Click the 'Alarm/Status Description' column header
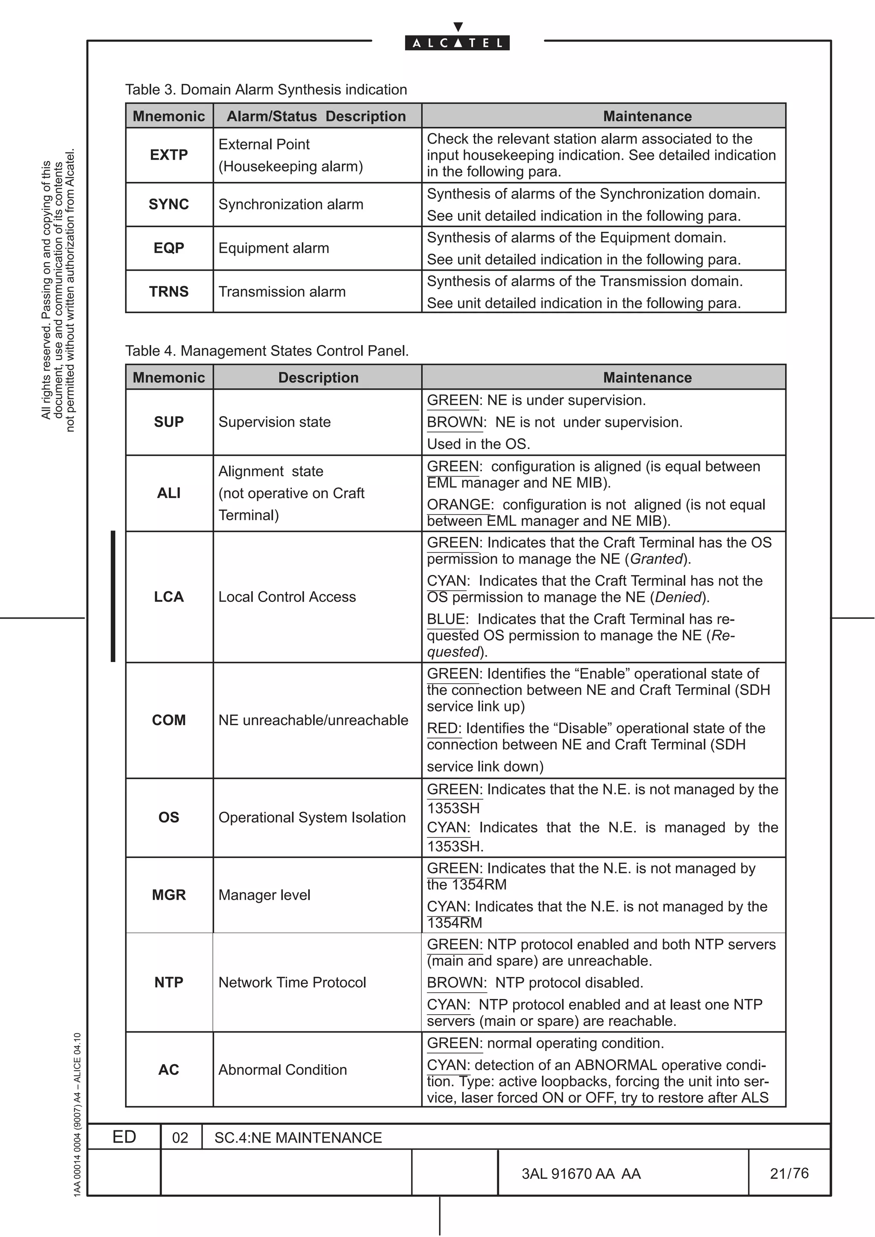click(317, 117)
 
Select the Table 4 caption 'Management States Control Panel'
click(267, 351)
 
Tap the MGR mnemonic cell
click(169, 895)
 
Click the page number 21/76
click(789, 1173)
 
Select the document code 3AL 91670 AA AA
click(581, 1173)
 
